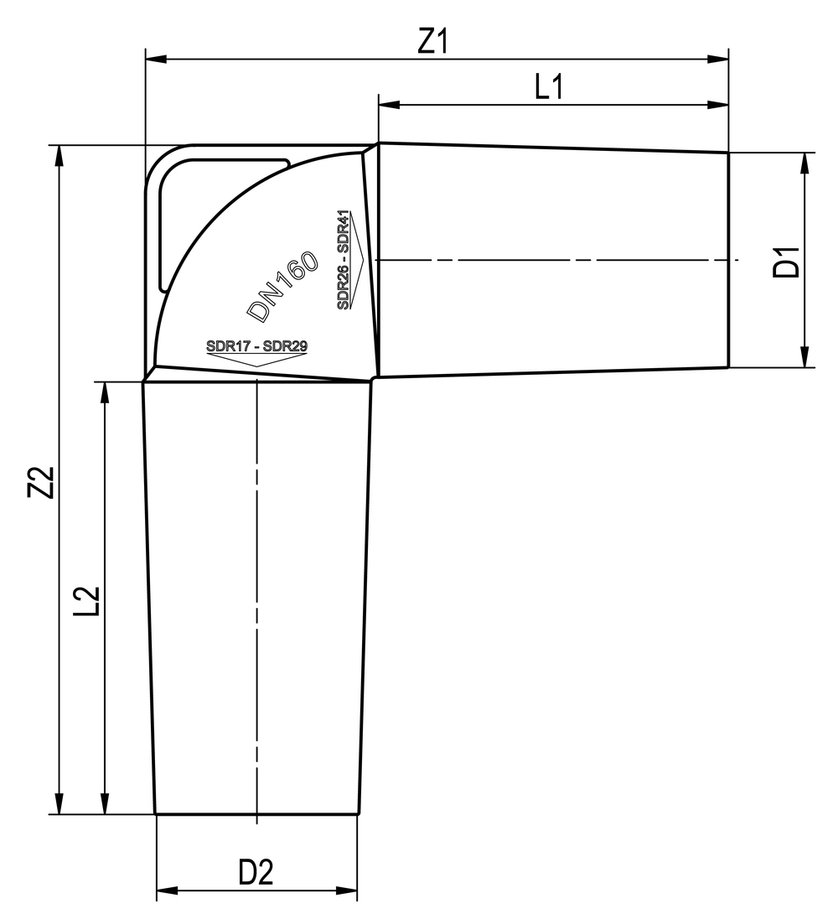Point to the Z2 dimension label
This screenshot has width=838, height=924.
pyautogui.click(x=42, y=482)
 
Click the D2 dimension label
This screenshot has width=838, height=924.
pyautogui.click(x=256, y=873)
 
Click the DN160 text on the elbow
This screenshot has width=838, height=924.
pyautogui.click(x=283, y=286)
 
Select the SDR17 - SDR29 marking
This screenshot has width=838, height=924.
pyautogui.click(x=256, y=345)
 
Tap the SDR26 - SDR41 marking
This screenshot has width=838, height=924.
pyautogui.click(x=344, y=259)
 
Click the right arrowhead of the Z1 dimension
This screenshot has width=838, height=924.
pyautogui.click(x=719, y=60)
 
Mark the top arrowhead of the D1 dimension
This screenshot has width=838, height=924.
pyautogui.click(x=804, y=163)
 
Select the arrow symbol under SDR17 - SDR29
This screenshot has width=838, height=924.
pyautogui.click(x=256, y=360)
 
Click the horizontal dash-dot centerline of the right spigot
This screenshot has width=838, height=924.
pyautogui.click(x=553, y=260)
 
